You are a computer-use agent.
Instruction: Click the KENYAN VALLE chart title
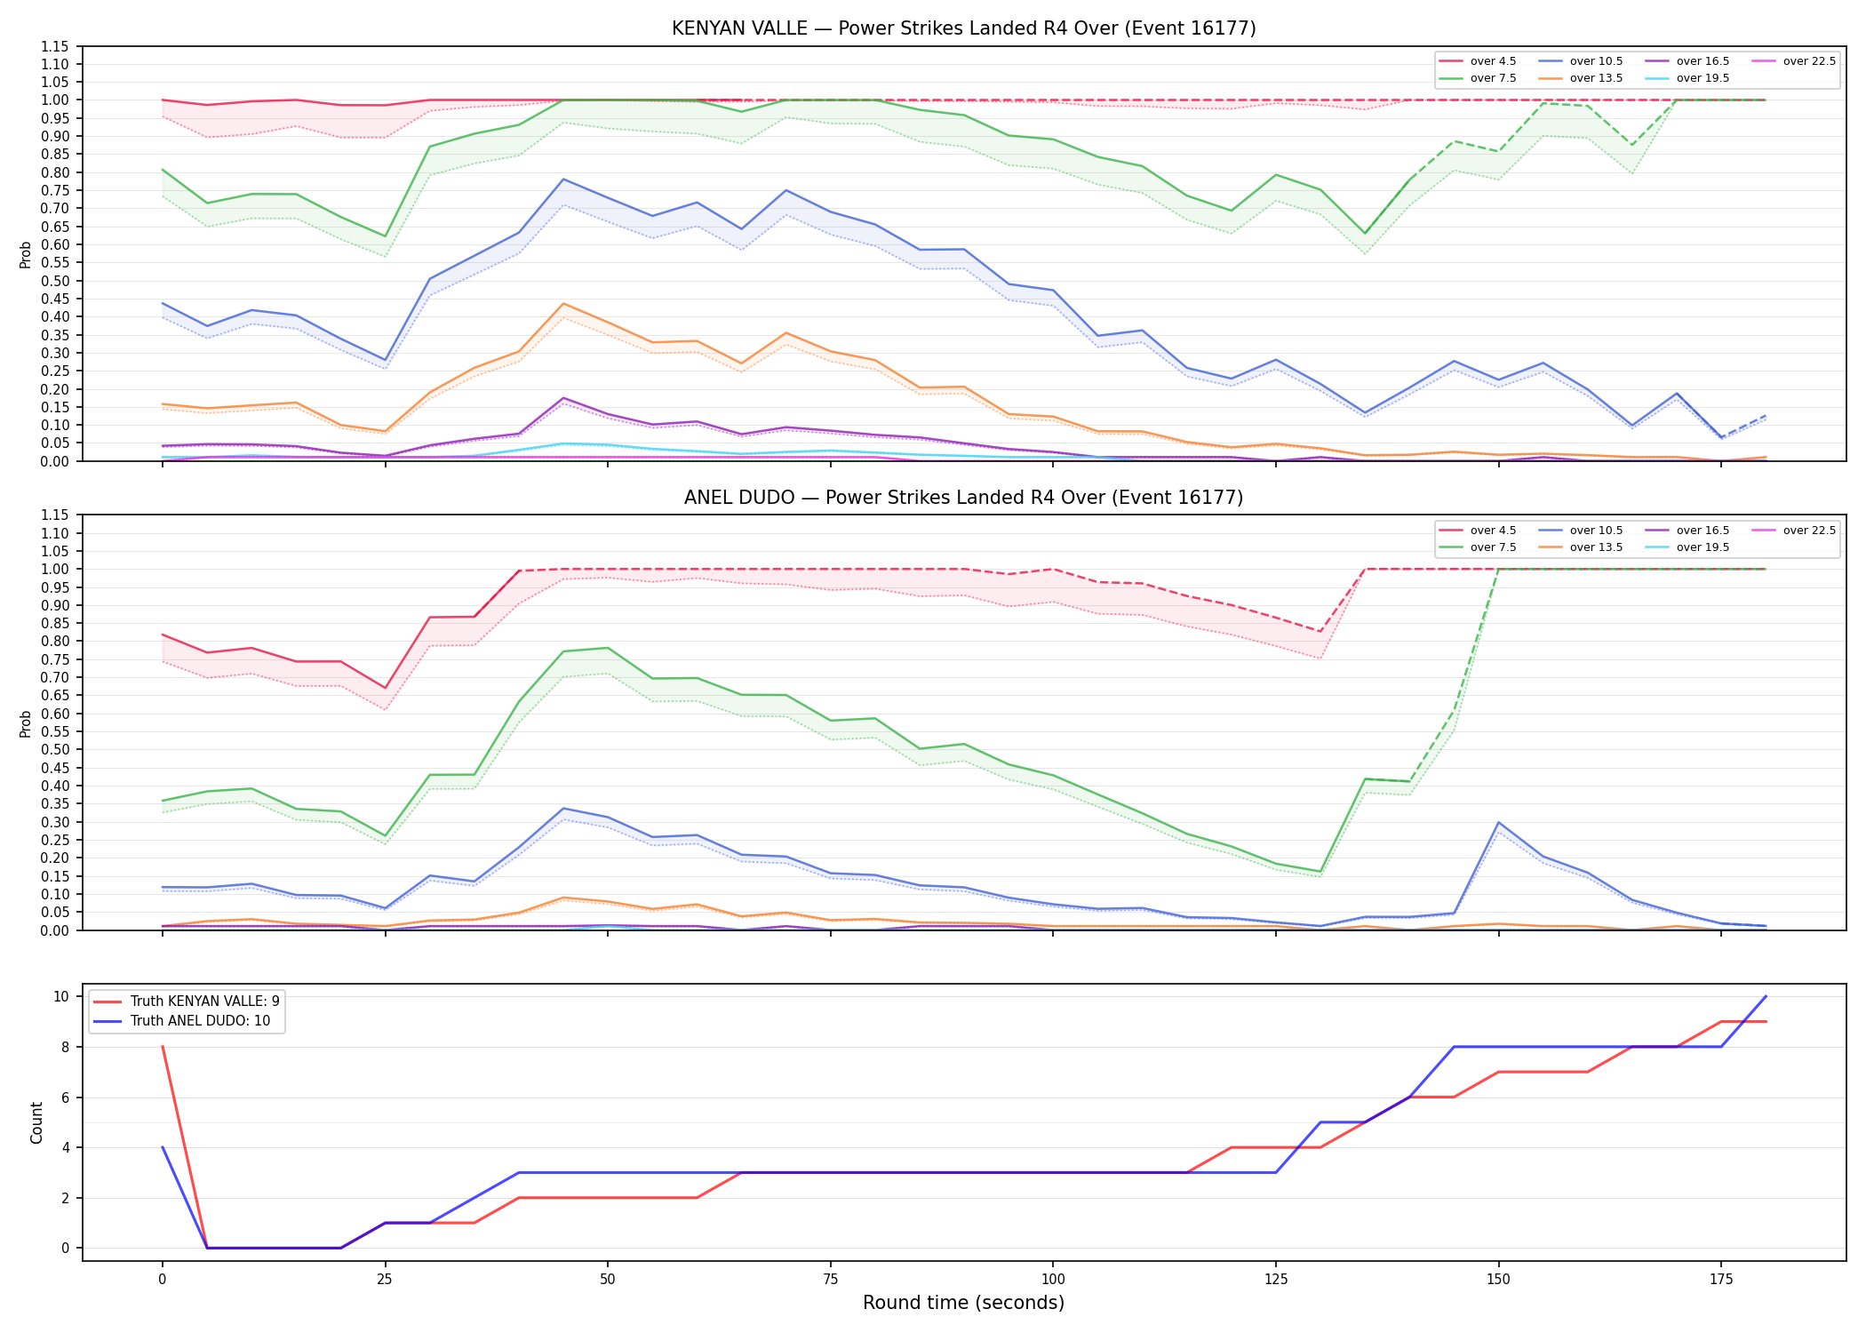pyautogui.click(x=963, y=28)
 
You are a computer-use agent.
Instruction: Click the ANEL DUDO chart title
pyautogui.click(x=963, y=498)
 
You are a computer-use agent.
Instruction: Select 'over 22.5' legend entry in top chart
pyautogui.click(x=1793, y=61)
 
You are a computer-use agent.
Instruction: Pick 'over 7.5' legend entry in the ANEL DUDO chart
pyautogui.click(x=1478, y=547)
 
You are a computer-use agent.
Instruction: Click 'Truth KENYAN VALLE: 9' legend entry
pyautogui.click(x=186, y=1001)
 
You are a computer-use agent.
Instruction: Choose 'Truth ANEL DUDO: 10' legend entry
pyautogui.click(x=181, y=1021)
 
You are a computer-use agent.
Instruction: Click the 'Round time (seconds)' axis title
pyautogui.click(x=963, y=1303)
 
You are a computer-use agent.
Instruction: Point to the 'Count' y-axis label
pyautogui.click(x=36, y=1122)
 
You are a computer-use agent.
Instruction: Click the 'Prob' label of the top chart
pyautogui.click(x=26, y=254)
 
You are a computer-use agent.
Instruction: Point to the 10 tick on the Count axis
pyautogui.click(x=61, y=996)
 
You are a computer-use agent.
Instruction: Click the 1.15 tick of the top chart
pyautogui.click(x=55, y=46)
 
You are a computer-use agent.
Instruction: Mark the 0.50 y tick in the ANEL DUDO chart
pyautogui.click(x=55, y=749)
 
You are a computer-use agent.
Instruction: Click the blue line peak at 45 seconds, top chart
pyautogui.click(x=563, y=180)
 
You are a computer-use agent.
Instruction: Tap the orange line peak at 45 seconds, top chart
pyautogui.click(x=563, y=304)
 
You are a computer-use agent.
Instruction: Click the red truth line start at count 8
pyautogui.click(x=163, y=1047)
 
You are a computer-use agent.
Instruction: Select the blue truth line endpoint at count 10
pyautogui.click(x=1766, y=996)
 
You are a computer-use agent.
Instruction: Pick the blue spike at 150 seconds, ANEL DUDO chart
pyautogui.click(x=1499, y=822)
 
